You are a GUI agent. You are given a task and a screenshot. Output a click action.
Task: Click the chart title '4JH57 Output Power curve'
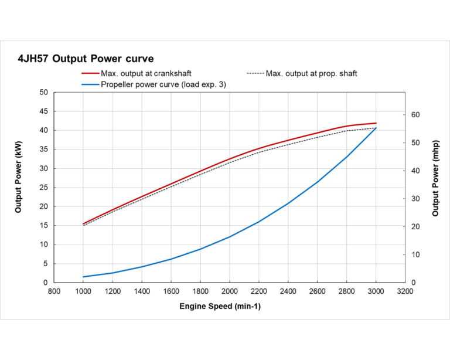coord(86,59)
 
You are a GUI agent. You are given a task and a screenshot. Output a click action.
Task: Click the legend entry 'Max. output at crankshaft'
coord(146,74)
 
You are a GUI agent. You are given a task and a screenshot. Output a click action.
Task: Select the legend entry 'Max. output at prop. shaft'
coord(311,74)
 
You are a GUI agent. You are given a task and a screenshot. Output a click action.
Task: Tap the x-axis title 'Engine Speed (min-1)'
coord(220,306)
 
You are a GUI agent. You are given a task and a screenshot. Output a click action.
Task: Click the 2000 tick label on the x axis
coord(230,290)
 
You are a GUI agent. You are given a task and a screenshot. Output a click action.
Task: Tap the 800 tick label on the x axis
coord(54,290)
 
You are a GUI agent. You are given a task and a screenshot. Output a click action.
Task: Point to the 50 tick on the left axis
coord(43,93)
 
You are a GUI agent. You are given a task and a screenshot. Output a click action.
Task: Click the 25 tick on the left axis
coord(43,188)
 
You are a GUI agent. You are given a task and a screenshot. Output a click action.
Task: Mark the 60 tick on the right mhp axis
coord(415,115)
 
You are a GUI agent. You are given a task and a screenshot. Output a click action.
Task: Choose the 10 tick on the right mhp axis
coord(415,254)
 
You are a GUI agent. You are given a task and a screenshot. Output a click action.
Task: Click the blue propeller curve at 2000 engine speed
coord(230,236)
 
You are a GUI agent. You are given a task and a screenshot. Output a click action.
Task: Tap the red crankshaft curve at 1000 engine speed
coord(83,223)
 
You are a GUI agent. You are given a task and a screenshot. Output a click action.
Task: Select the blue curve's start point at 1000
coord(83,277)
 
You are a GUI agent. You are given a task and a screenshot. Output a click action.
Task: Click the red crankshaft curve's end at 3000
coord(376,123)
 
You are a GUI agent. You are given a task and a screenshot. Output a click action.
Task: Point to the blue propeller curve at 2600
coord(317,182)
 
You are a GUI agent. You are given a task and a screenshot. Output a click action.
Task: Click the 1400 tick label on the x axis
coord(142,290)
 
